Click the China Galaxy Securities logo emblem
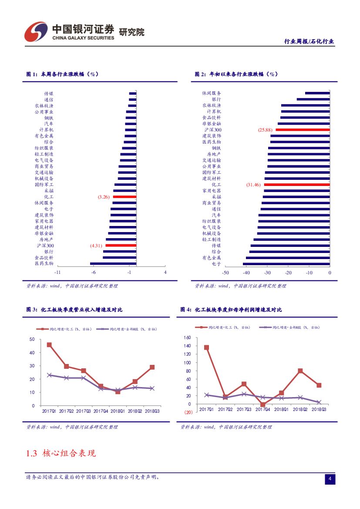36,31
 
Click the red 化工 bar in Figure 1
124,197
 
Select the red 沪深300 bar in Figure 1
121,246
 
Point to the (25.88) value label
265,130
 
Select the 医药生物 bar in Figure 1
113,263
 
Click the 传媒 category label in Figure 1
49,94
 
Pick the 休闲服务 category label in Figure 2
212,93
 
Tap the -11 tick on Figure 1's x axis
57,273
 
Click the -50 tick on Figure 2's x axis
225,273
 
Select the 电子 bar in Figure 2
286,263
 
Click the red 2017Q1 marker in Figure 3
49,345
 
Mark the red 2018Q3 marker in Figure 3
152,367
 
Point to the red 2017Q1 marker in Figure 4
206,347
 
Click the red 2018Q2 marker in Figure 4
300,371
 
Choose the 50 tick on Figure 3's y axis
32,339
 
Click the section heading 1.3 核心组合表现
61,453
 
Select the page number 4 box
330,479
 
